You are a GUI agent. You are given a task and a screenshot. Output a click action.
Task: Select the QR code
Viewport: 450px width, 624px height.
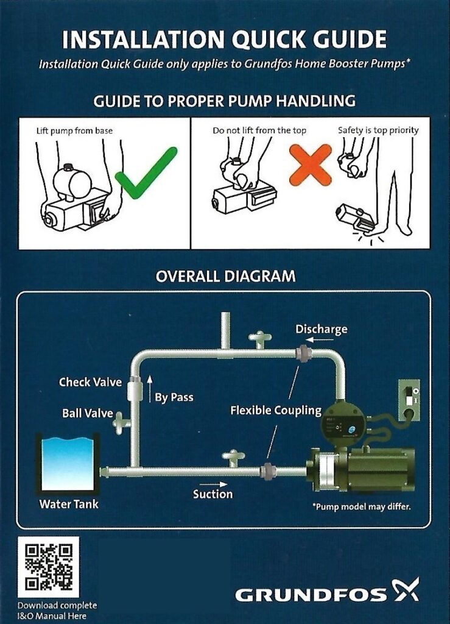click(48, 567)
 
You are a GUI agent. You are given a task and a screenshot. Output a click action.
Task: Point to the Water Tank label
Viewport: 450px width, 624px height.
click(69, 505)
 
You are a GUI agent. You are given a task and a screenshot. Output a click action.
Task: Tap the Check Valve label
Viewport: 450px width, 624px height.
click(90, 383)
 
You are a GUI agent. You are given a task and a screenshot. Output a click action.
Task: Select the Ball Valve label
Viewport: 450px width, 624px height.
click(88, 414)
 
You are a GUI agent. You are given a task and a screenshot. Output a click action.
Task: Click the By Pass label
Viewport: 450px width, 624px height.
click(174, 397)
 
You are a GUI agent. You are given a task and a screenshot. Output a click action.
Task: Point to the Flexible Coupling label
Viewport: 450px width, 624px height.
click(275, 411)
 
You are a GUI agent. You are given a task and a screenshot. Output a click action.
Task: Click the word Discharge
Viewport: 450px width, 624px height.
click(321, 330)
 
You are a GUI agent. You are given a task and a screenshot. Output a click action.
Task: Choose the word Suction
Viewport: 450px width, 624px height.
click(213, 494)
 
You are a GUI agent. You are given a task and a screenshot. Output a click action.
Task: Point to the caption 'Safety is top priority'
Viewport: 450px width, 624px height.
click(378, 130)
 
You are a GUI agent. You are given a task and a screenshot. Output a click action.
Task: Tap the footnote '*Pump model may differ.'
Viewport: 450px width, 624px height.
click(361, 506)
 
